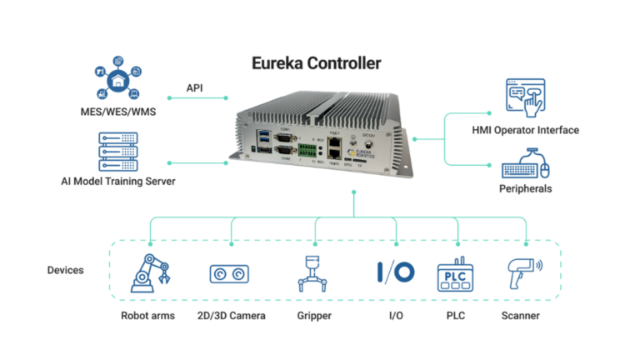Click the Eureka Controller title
click(x=317, y=62)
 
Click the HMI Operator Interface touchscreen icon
click(x=526, y=98)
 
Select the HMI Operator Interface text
click(x=524, y=130)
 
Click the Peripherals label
click(x=525, y=189)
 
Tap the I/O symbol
click(x=395, y=272)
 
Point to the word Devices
click(x=66, y=271)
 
